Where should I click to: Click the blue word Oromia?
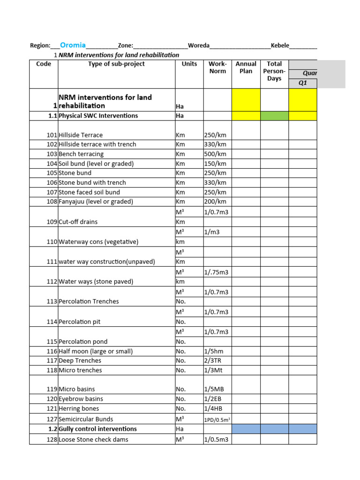pyautogui.click(x=73, y=45)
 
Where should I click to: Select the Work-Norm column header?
pyautogui.click(x=217, y=67)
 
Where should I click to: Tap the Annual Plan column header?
pyautogui.click(x=246, y=67)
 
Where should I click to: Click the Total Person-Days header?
pyautogui.click(x=274, y=71)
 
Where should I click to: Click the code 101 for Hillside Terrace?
pyautogui.click(x=52, y=135)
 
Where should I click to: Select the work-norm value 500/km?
pyautogui.click(x=215, y=154)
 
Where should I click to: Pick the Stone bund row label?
pyautogui.click(x=75, y=173)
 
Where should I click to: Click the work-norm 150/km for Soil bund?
pyautogui.click(x=215, y=164)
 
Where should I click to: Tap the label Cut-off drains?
pyautogui.click(x=78, y=222)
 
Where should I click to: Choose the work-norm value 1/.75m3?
pyautogui.click(x=217, y=272)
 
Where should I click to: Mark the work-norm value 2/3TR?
pyautogui.click(x=213, y=360)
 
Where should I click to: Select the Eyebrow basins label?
pyautogui.click(x=81, y=399)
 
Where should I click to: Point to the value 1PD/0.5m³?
pyautogui.click(x=217, y=420)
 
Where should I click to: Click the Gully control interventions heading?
pyautogui.click(x=97, y=429)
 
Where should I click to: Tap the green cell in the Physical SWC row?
pyautogui.click(x=274, y=116)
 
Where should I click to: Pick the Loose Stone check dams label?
pyautogui.click(x=93, y=440)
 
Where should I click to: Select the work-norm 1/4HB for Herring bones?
pyautogui.click(x=213, y=409)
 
